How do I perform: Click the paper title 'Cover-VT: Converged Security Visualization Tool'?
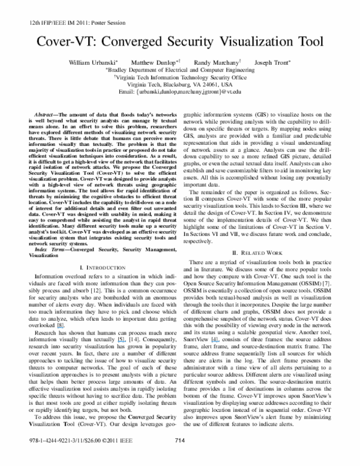tap(180, 42)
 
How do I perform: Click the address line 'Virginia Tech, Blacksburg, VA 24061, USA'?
tap(180, 85)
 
